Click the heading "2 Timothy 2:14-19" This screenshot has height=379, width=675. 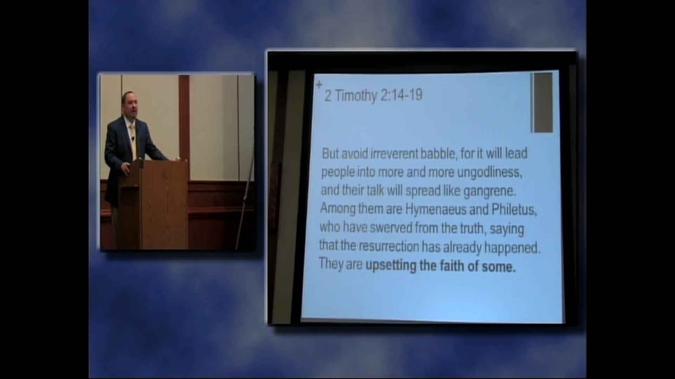click(x=373, y=95)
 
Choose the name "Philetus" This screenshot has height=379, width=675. click(x=514, y=210)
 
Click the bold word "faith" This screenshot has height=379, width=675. click(x=452, y=266)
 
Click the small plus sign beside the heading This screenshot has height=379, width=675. click(x=319, y=85)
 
